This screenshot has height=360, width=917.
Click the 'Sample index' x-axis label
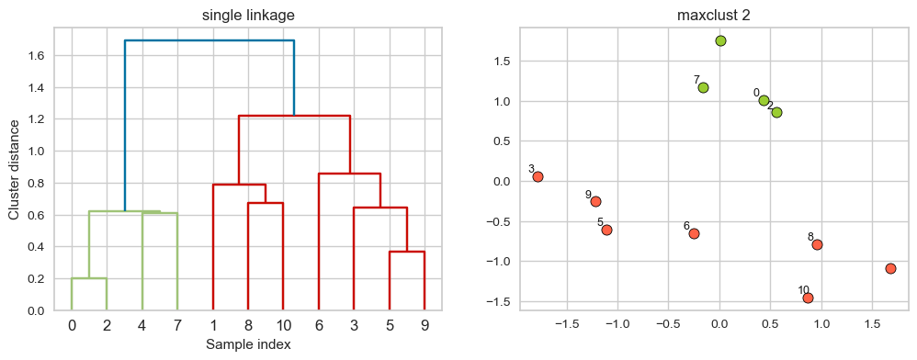pos(247,345)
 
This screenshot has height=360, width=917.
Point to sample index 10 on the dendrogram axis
pos(283,325)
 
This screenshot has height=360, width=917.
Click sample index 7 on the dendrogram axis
pos(177,325)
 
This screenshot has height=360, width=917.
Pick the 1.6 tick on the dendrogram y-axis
pos(37,56)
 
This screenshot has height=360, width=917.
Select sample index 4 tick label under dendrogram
pos(142,325)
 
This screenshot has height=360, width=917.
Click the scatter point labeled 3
pos(538,176)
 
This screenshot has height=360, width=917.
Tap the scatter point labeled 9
pos(595,201)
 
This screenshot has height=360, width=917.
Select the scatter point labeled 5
pos(606,230)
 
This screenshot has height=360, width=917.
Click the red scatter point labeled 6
pos(694,233)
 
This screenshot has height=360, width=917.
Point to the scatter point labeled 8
pos(817,244)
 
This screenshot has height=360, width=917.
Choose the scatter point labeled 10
pos(808,298)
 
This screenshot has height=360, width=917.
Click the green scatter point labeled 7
pos(703,87)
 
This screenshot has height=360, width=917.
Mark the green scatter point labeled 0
pos(764,100)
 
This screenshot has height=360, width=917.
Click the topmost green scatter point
pos(720,40)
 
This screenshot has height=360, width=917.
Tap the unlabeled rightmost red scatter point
pos(890,268)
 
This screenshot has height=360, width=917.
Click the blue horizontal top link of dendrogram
pos(209,40)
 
